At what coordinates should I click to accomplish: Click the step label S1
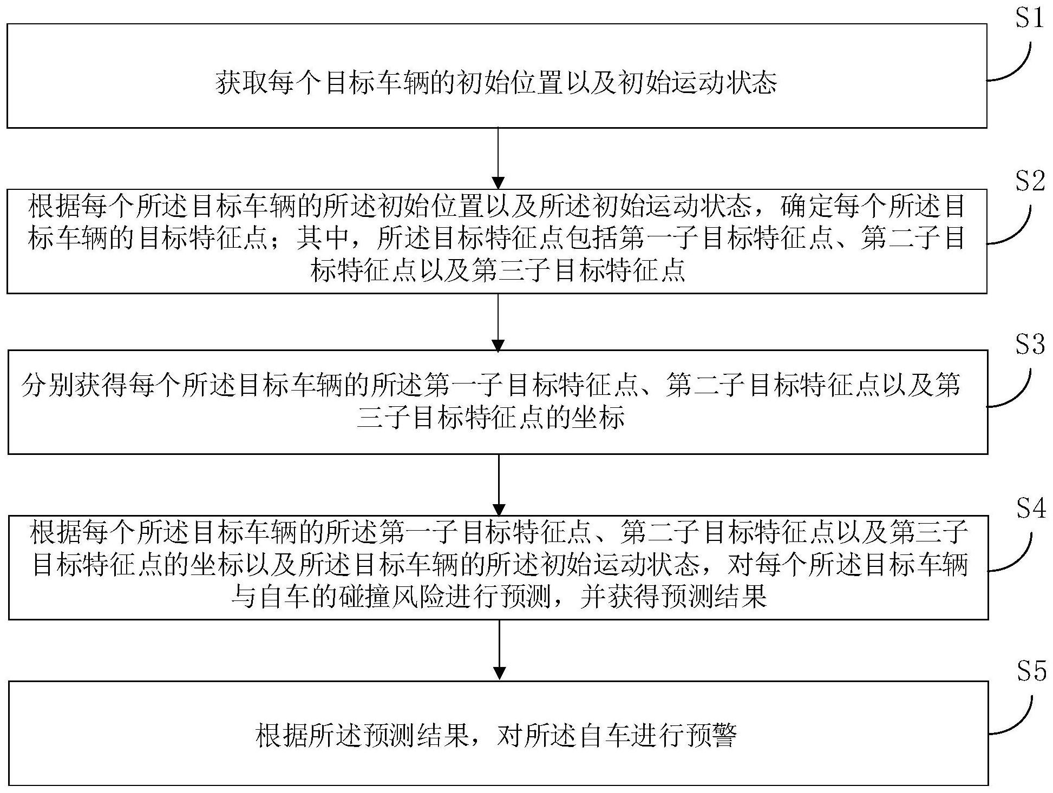click(1028, 19)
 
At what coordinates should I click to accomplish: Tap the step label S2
click(1029, 183)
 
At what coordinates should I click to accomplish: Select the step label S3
click(1029, 345)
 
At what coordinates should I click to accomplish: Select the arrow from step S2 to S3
click(498, 322)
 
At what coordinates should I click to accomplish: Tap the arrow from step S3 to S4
click(499, 485)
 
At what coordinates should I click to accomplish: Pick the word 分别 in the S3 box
click(48, 386)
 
